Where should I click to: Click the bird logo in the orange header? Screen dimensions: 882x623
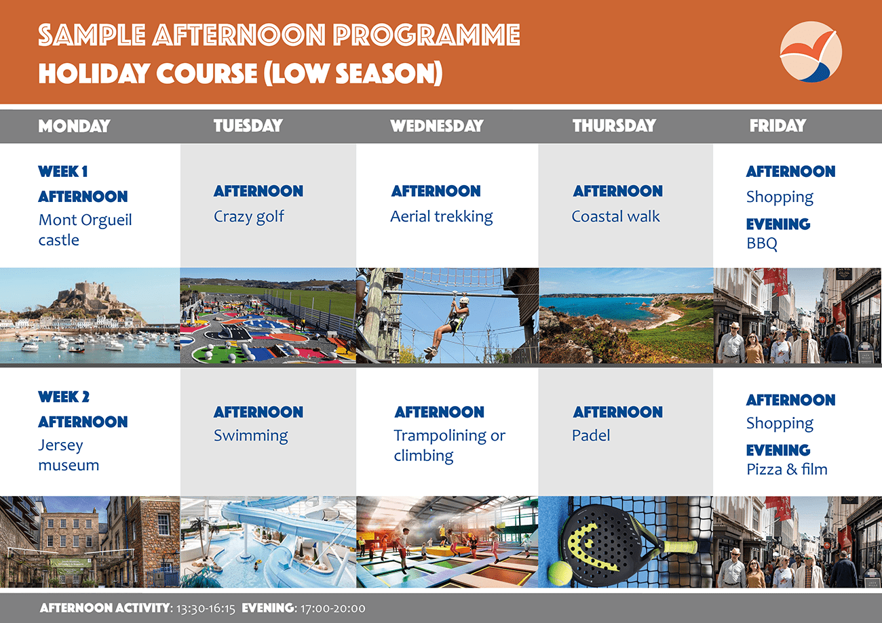pos(811,52)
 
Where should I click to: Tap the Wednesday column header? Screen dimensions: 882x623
pos(437,126)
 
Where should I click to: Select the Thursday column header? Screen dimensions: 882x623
pos(614,126)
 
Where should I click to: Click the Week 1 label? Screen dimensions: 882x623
pos(63,172)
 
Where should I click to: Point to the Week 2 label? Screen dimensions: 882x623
pos(64,397)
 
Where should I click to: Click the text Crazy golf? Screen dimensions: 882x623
pos(249,217)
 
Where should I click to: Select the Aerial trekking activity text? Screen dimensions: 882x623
pos(442,217)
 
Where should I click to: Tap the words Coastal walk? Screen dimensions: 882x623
pos(615,216)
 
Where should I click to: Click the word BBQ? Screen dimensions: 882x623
pos(762,243)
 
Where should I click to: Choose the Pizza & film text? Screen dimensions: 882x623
pos(787,469)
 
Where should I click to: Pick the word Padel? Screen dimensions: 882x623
pos(591,435)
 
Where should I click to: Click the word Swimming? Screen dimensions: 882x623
pos(251,436)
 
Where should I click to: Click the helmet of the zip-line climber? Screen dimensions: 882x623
pos(464,301)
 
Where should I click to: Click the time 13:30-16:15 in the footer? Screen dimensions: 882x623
pos(205,609)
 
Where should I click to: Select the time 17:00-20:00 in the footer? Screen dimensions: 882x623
pos(332,609)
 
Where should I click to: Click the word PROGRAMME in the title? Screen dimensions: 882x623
pos(427,35)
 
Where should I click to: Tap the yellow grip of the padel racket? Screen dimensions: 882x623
pos(678,546)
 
